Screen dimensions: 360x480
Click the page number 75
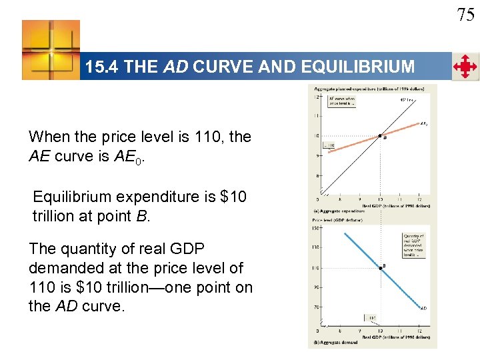[x=465, y=15]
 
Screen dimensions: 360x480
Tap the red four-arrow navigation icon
[x=465, y=67]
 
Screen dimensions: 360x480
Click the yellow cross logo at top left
[x=51, y=50]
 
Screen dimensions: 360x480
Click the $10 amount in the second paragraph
[x=233, y=197]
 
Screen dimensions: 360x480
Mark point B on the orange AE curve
[x=379, y=136]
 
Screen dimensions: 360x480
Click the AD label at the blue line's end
[x=424, y=308]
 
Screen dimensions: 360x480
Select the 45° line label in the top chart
[x=407, y=100]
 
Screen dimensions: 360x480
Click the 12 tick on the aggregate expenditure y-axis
[x=317, y=97]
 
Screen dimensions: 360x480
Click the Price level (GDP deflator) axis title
[x=333, y=219]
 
